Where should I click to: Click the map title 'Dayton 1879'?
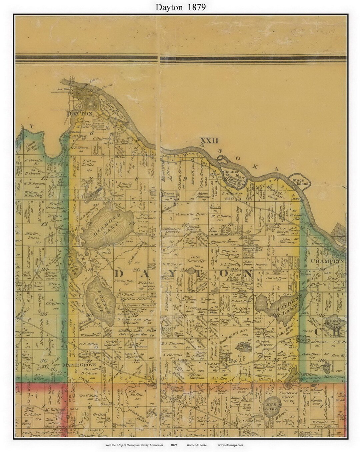pos(180,7)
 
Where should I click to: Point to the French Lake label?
pos(100,301)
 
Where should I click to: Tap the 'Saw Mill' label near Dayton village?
pos(62,89)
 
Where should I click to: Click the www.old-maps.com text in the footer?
pos(231,445)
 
